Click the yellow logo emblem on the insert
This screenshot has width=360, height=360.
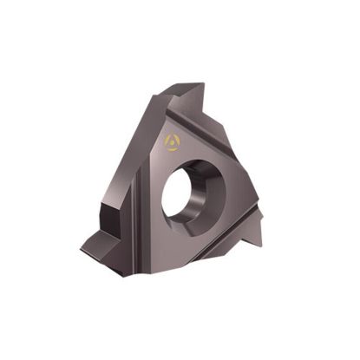coord(170,140)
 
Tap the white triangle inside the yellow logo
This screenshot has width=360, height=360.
coord(170,140)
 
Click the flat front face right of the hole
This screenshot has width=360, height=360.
coord(239,187)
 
